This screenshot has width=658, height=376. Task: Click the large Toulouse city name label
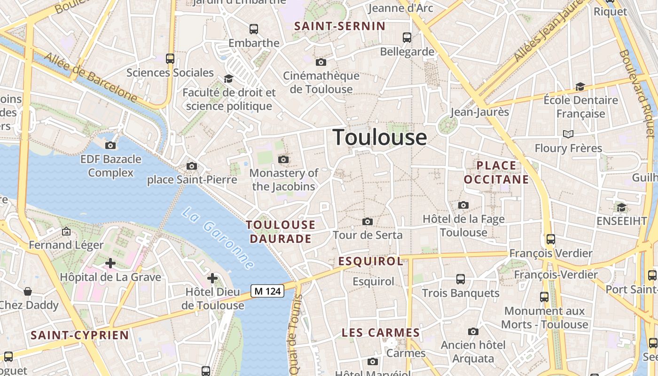(380, 137)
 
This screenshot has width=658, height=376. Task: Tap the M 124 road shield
(267, 291)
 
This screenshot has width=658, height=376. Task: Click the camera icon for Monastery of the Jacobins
(283, 160)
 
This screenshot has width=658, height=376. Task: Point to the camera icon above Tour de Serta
(368, 221)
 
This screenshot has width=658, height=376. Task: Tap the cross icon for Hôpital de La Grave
(110, 263)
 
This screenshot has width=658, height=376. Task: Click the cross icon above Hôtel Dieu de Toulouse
(212, 278)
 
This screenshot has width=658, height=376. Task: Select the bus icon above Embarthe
(254, 29)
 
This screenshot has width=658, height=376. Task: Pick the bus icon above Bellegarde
(407, 38)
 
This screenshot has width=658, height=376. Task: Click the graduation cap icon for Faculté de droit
(229, 78)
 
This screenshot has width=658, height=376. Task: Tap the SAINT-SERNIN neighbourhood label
(339, 26)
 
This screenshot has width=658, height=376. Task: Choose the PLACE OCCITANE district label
(496, 172)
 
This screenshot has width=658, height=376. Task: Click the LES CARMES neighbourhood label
(381, 333)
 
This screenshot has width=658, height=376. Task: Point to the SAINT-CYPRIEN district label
(79, 335)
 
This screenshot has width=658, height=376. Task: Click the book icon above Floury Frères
(568, 134)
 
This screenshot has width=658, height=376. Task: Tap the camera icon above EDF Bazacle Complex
(110, 145)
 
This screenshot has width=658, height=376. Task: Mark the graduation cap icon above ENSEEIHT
(621, 207)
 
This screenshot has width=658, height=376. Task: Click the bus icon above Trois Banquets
(461, 279)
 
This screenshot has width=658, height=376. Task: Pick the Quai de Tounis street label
(295, 334)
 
